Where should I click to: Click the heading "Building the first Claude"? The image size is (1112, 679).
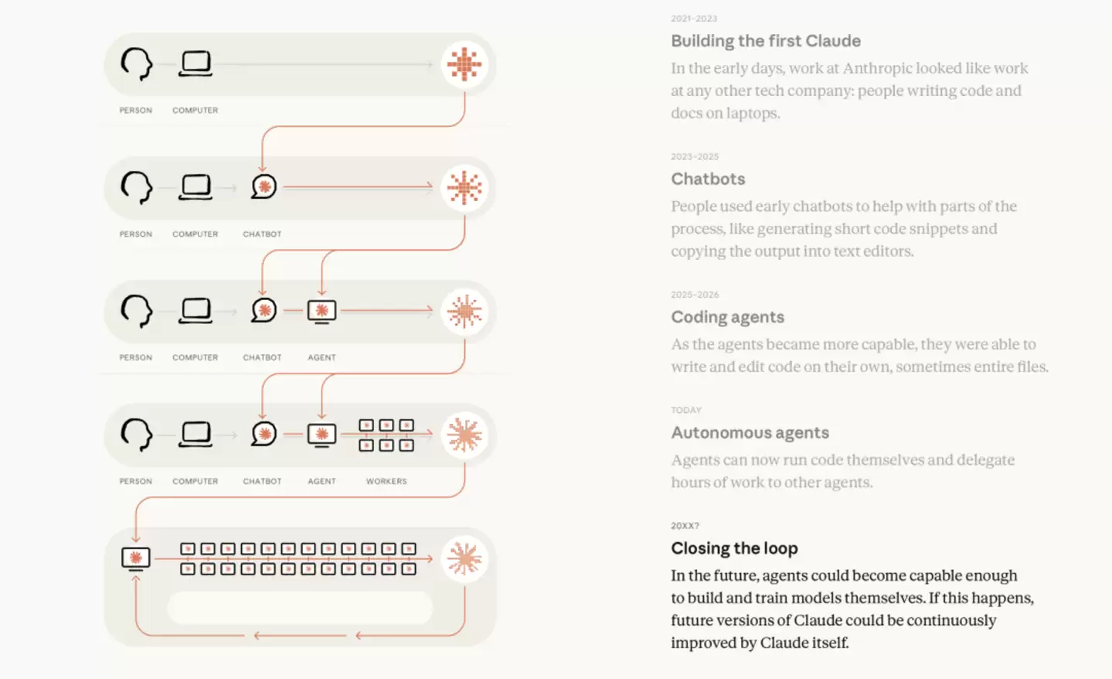(x=766, y=41)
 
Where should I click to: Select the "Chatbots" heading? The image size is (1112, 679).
(x=708, y=179)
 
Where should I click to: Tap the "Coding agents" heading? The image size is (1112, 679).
(x=727, y=317)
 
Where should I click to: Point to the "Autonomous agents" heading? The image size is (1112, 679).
(x=750, y=432)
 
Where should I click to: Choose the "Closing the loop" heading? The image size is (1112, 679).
(x=734, y=548)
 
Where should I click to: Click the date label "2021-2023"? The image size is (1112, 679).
(x=694, y=19)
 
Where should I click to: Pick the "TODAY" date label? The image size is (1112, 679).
(x=686, y=410)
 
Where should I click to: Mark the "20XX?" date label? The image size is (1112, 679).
(x=685, y=526)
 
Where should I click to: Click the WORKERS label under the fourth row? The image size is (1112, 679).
(x=386, y=481)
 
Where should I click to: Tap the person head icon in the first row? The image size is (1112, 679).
(x=137, y=64)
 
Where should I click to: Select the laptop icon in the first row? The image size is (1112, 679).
(x=195, y=63)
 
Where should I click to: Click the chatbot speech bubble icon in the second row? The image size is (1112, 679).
(x=264, y=186)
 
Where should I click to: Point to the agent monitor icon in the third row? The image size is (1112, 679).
(x=321, y=312)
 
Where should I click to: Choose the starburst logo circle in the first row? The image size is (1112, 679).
(x=464, y=64)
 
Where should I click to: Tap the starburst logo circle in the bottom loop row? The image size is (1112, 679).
(x=464, y=559)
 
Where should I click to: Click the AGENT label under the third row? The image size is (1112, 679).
(x=321, y=357)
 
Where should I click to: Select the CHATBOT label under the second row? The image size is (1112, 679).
(x=262, y=234)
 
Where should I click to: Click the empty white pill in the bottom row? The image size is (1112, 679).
(x=300, y=607)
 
